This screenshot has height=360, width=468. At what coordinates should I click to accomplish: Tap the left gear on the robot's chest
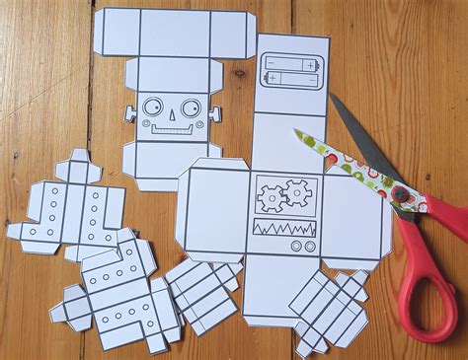click(x=272, y=197)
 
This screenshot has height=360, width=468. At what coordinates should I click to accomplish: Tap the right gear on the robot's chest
click(x=296, y=193)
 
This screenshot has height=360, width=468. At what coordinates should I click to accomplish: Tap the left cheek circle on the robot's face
click(x=144, y=125)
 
